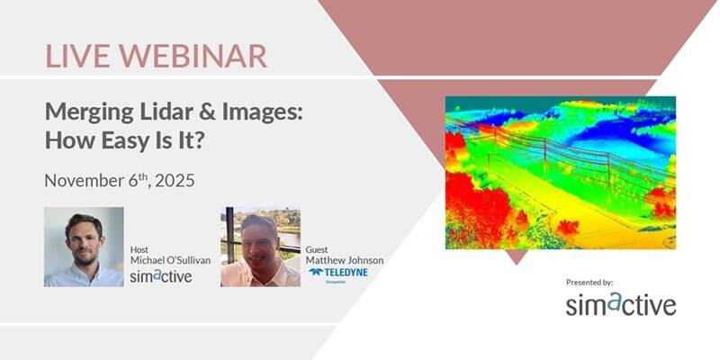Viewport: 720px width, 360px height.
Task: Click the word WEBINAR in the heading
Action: [x=189, y=56]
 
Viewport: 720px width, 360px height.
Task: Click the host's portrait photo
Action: [x=84, y=247]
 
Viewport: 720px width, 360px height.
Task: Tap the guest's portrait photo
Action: [x=260, y=247]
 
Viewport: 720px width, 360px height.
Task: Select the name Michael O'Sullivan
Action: [x=171, y=260]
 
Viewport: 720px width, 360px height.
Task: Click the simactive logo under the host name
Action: [x=160, y=276]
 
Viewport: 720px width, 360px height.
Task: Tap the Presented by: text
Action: [x=589, y=282]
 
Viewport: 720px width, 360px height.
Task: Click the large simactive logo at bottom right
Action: [x=620, y=304]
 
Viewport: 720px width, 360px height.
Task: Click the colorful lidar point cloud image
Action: [x=560, y=172]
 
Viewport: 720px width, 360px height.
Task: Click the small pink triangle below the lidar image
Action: [x=516, y=256]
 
